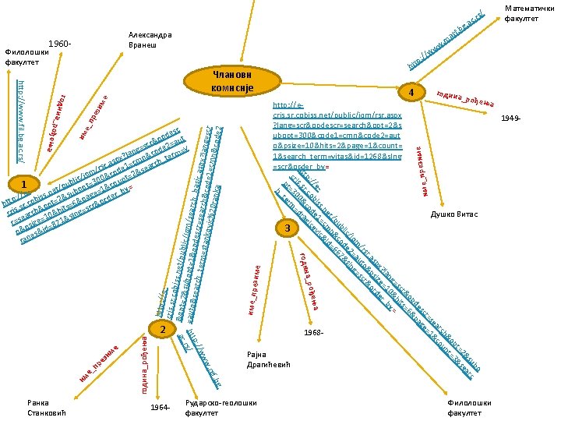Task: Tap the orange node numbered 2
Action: (162, 330)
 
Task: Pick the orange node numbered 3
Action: (288, 228)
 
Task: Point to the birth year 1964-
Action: (160, 408)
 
